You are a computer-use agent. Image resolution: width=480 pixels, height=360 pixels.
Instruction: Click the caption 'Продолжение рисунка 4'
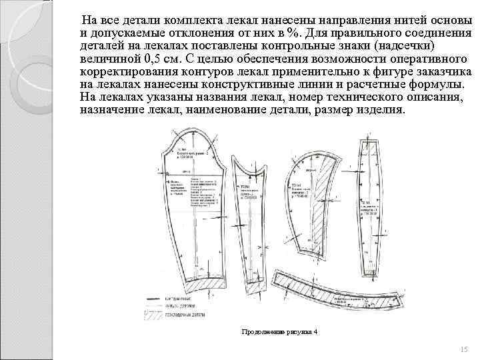279,331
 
